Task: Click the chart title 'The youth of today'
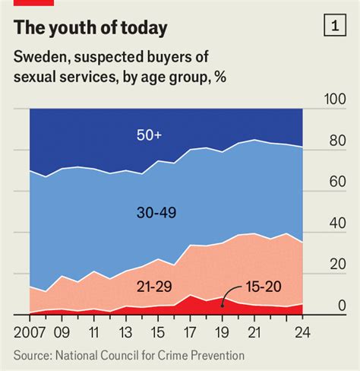(91, 29)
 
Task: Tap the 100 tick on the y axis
(335, 100)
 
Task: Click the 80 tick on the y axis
(337, 141)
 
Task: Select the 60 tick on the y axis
(337, 182)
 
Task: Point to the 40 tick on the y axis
(337, 224)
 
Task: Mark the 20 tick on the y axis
(337, 265)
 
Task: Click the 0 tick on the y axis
(342, 306)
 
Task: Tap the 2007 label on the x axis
(29, 333)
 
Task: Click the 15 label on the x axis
(157, 333)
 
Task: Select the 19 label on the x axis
(221, 333)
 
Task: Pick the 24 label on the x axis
(302, 333)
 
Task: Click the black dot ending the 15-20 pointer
(222, 304)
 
